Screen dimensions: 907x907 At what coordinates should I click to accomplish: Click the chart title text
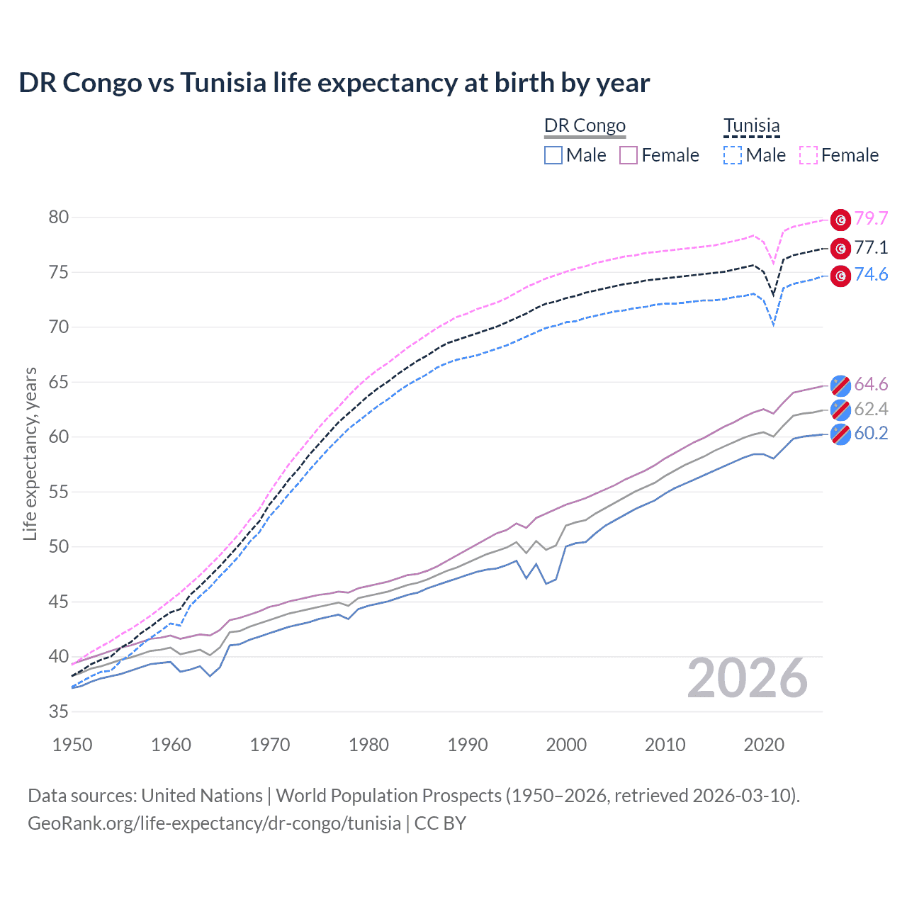[x=334, y=83]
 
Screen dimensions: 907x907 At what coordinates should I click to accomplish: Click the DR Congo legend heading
[x=585, y=125]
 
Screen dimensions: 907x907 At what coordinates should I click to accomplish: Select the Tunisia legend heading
[x=751, y=125]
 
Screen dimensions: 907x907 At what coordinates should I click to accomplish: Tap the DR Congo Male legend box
[x=553, y=155]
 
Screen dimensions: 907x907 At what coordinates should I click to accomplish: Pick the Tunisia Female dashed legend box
[x=809, y=155]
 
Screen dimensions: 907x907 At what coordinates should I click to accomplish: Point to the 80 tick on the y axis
[x=59, y=217]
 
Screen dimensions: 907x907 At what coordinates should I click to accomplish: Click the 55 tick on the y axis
[x=59, y=492]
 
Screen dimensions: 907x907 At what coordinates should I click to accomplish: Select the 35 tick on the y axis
[x=59, y=711]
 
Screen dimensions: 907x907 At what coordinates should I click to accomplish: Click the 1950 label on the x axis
[x=73, y=745]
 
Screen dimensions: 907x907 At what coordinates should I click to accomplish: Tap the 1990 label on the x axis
[x=468, y=745]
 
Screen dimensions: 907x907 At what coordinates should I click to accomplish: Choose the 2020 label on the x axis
[x=764, y=745]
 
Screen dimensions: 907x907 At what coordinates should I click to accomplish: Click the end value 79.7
[x=871, y=218]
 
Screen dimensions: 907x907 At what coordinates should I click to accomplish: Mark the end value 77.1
[x=871, y=247]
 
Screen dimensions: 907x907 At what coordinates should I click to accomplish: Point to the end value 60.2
[x=871, y=433]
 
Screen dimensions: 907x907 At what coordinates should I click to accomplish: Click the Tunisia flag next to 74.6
[x=840, y=276]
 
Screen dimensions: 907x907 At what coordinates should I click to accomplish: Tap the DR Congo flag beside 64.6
[x=840, y=385]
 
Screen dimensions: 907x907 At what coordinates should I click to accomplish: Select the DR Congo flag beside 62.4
[x=840, y=410]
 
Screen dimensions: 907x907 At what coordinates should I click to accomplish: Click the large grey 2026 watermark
[x=747, y=678]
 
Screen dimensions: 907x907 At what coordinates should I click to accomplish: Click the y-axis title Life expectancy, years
[x=30, y=453]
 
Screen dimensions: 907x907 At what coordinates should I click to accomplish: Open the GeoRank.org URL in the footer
[x=214, y=823]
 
